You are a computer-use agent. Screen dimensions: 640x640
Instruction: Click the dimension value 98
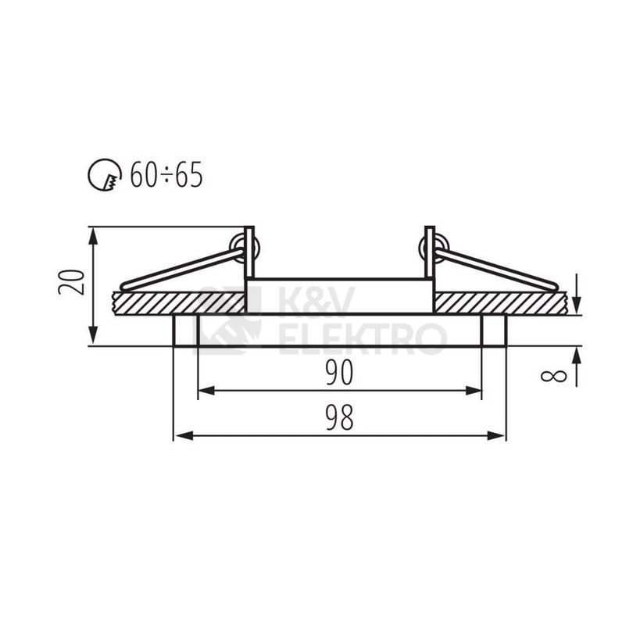click(x=339, y=418)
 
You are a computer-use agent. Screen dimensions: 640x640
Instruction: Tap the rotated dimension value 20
click(x=72, y=281)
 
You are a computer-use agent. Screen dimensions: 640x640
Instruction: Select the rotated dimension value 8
click(x=554, y=376)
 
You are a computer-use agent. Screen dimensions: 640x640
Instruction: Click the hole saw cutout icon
click(x=105, y=175)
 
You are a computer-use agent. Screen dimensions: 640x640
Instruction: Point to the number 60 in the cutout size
click(x=144, y=175)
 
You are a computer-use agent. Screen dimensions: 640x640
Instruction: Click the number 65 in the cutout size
click(x=189, y=175)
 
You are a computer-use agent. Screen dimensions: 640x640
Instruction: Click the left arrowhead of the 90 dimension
click(x=206, y=391)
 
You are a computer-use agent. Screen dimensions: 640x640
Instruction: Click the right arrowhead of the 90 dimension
click(x=474, y=391)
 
